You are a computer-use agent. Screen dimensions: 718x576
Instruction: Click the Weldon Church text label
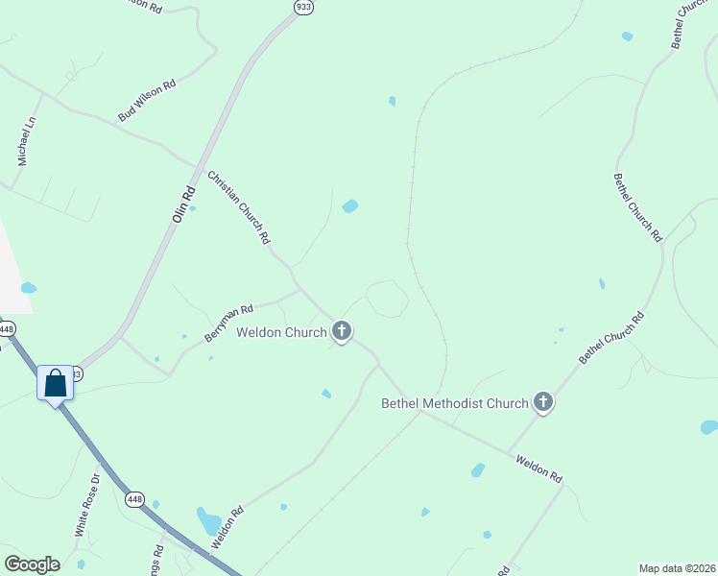click(283, 333)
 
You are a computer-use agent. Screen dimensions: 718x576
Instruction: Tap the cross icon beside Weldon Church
click(341, 333)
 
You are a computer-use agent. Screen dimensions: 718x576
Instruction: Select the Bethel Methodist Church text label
click(455, 403)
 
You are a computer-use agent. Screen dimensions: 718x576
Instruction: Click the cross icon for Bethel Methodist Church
click(543, 402)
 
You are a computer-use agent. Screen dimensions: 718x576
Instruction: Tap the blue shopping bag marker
click(56, 383)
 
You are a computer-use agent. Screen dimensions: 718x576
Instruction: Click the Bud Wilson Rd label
click(147, 100)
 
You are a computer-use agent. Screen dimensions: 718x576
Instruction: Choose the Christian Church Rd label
click(239, 207)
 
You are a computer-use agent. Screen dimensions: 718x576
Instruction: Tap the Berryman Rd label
click(227, 324)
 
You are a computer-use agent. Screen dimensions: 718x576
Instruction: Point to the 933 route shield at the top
click(303, 7)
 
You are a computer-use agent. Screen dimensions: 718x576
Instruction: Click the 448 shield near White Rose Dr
click(134, 499)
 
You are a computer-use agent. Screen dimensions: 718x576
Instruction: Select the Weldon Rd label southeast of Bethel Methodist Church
click(538, 468)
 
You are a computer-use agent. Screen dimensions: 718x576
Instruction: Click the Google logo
click(32, 564)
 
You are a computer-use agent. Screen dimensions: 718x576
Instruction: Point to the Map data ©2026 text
click(677, 567)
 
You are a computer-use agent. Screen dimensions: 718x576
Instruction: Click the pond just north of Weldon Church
click(350, 205)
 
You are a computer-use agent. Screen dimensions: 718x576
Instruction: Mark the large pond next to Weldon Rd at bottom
click(208, 522)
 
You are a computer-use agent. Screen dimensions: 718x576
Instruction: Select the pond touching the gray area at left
click(29, 287)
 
